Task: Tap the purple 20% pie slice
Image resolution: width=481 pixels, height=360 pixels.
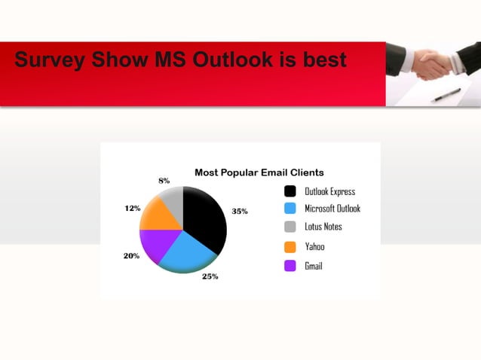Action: [157, 245]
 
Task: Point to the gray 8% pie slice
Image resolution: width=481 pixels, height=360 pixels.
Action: [173, 199]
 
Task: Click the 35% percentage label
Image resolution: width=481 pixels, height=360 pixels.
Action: [240, 212]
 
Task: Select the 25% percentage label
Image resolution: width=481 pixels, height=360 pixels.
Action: [210, 276]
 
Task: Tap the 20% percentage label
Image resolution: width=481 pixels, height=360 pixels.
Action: [131, 256]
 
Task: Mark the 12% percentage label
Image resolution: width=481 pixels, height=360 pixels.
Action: [132, 208]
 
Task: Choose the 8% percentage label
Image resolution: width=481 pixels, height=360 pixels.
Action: [164, 181]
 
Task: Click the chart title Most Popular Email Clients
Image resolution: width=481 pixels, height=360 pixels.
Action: [259, 172]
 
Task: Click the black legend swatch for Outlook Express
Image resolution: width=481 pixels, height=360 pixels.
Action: [290, 191]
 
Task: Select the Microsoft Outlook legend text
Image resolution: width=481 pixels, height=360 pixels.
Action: [332, 209]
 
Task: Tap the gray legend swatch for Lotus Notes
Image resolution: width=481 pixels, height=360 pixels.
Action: [290, 227]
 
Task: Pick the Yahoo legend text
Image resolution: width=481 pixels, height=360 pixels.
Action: [314, 246]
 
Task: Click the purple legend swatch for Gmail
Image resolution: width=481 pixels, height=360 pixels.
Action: [290, 266]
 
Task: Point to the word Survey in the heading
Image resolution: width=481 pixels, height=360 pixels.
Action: [48, 59]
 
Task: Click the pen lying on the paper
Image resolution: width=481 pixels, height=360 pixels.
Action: [446, 95]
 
